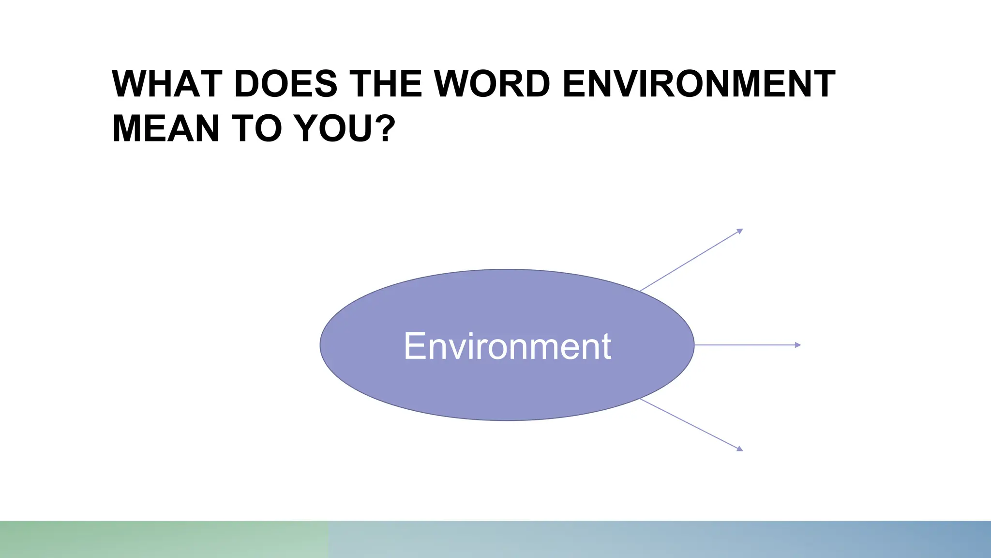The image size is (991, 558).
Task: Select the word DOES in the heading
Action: click(x=285, y=84)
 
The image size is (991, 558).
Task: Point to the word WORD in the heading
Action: click(x=492, y=84)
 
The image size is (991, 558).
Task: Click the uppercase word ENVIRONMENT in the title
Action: click(x=699, y=84)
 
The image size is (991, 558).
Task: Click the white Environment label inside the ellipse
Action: click(x=507, y=346)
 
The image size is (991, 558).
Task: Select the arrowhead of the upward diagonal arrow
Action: click(x=740, y=231)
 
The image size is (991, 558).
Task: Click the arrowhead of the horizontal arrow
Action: click(x=798, y=345)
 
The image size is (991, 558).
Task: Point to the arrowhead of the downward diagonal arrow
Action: click(x=740, y=449)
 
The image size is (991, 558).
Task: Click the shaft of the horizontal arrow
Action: click(x=745, y=345)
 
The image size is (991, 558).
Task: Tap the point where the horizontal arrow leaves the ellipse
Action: click(x=694, y=345)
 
